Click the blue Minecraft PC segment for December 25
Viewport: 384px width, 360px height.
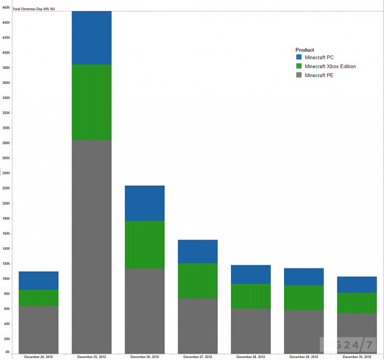pyautogui.click(x=92, y=38)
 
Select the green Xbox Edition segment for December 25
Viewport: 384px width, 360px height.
pyautogui.click(x=92, y=102)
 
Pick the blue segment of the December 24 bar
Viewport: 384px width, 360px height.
pyautogui.click(x=38, y=281)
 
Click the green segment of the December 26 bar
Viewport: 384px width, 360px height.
pyautogui.click(x=145, y=245)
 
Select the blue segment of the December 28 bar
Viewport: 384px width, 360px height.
pyautogui.click(x=251, y=274)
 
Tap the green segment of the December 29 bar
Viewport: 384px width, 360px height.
pyautogui.click(x=304, y=298)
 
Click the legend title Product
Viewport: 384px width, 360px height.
pyautogui.click(x=305, y=49)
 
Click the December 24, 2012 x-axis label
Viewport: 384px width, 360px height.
pyautogui.click(x=38, y=356)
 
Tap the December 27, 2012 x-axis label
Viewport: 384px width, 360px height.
pyautogui.click(x=198, y=356)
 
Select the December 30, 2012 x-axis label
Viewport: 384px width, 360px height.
pyautogui.click(x=357, y=356)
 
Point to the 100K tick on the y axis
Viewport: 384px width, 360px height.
pyautogui.click(x=6, y=279)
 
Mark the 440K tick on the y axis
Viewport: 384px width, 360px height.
pyautogui.click(x=6, y=22)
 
